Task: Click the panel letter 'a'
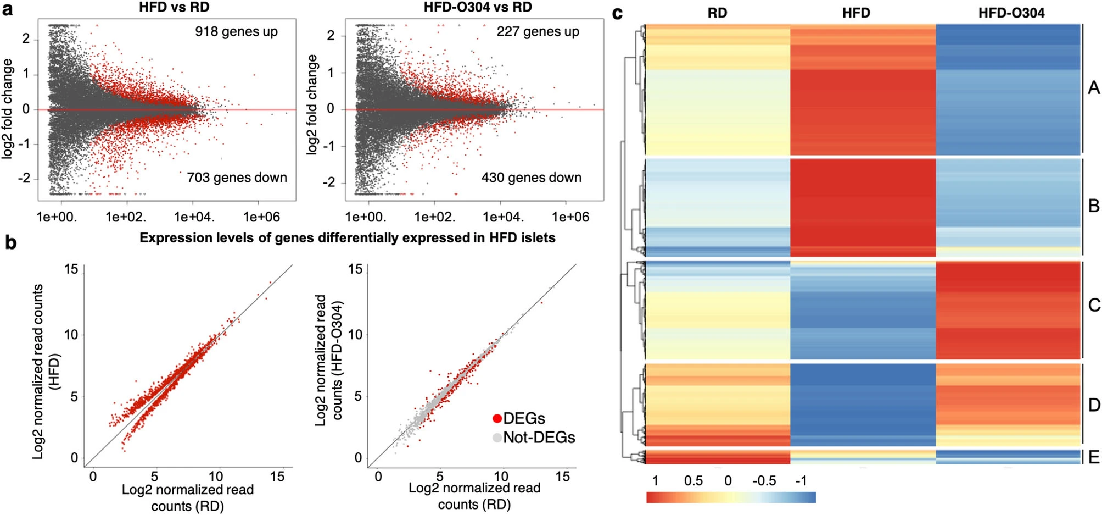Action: point(8,9)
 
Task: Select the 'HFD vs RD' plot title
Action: point(174,7)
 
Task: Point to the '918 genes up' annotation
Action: point(236,31)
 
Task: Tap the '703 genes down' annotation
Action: point(237,178)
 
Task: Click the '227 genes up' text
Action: point(538,31)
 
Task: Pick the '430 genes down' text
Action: point(531,178)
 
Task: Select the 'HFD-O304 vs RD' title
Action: point(477,7)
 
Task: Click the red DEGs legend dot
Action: point(497,419)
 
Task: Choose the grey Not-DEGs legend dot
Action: point(497,438)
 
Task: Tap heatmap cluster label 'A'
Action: point(1093,88)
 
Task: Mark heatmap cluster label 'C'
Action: point(1093,305)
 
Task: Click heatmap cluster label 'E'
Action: point(1093,457)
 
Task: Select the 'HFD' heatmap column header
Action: point(856,13)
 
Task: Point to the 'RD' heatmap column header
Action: point(717,13)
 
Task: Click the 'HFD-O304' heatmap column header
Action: point(1011,13)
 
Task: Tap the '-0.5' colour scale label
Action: point(764,481)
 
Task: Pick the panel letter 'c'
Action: point(617,13)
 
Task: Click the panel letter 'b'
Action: point(10,242)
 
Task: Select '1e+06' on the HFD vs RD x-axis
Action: point(261,217)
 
